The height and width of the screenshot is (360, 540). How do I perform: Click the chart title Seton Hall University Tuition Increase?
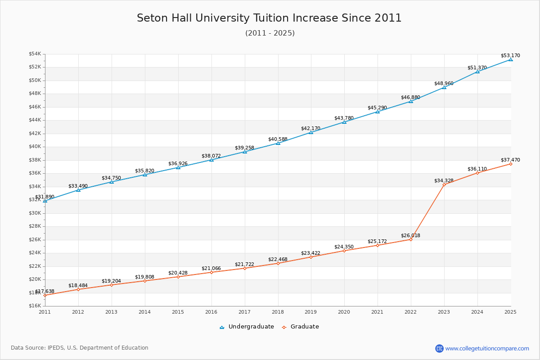point(269,18)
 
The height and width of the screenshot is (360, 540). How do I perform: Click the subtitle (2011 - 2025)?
point(270,33)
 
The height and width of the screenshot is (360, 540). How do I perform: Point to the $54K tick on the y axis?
point(35,54)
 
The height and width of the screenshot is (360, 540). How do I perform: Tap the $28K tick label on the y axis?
point(35,226)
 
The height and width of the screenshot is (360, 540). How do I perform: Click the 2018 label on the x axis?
point(278,311)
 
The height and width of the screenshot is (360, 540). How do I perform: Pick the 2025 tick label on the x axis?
point(510,311)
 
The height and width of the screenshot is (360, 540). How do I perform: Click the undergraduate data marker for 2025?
point(510,59)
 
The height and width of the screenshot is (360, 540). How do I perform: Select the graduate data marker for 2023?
point(444,184)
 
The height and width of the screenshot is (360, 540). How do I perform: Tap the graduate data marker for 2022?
point(410,239)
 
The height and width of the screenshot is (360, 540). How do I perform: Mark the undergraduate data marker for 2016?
point(211,160)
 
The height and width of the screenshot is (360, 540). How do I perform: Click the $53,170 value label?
point(510,56)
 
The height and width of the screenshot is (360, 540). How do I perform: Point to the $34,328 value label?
point(444,180)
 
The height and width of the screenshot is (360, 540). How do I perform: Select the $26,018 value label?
point(410,235)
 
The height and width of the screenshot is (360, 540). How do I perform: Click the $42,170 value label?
point(310,128)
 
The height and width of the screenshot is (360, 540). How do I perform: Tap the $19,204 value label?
point(111,281)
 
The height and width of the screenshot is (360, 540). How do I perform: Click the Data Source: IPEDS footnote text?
point(80,348)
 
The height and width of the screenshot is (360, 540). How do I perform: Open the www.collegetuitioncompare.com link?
point(487,348)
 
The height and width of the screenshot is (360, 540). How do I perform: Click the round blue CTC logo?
point(439,348)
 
